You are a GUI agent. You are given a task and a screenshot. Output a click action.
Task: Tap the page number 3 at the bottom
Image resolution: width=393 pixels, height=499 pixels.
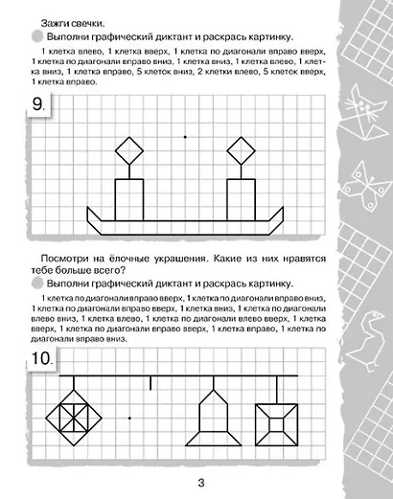click(x=196, y=483)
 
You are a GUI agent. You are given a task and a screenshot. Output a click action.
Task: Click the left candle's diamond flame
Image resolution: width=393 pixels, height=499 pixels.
click(x=129, y=150)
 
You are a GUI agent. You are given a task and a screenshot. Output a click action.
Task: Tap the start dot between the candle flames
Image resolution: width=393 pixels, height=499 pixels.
click(x=185, y=137)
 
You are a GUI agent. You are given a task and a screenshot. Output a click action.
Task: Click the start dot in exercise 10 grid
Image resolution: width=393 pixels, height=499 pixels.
click(x=129, y=418)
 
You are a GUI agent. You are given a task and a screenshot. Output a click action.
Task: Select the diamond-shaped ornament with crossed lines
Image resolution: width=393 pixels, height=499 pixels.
click(x=75, y=418)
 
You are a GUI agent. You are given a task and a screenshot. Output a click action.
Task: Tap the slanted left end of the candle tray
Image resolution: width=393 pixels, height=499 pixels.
click(x=94, y=219)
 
